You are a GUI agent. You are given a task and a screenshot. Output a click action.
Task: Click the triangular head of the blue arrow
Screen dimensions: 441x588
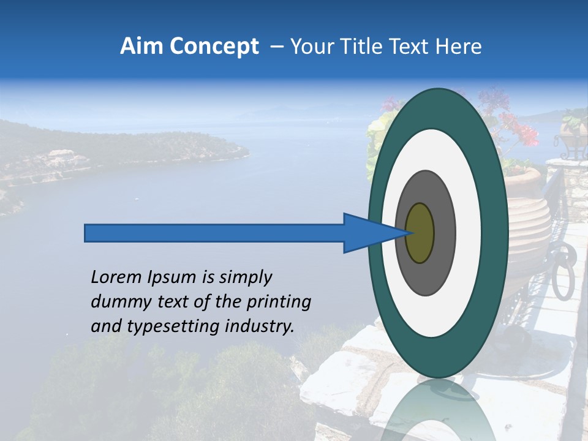tap(367, 233)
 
